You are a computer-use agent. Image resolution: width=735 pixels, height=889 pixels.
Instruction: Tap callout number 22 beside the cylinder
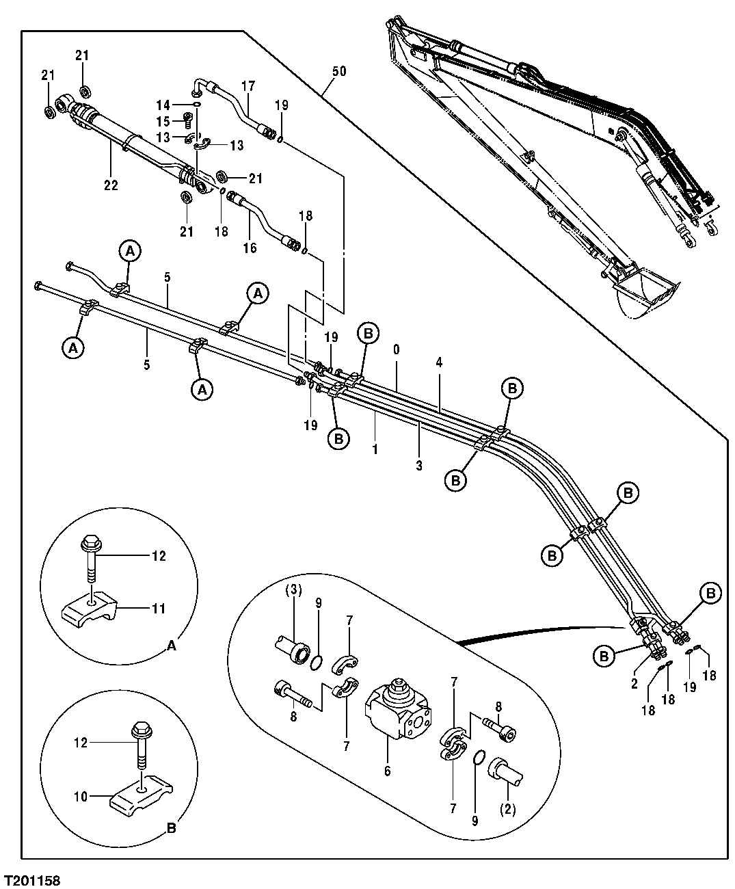tap(111, 185)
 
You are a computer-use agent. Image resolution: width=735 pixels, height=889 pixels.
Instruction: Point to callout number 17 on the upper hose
tap(248, 87)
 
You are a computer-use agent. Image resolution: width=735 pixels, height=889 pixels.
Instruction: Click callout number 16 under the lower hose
tap(250, 248)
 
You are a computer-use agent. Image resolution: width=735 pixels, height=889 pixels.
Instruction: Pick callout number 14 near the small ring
tap(163, 105)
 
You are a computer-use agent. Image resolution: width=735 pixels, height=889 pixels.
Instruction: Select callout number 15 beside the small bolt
tap(163, 121)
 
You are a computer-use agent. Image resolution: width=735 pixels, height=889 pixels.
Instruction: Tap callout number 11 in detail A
tap(158, 609)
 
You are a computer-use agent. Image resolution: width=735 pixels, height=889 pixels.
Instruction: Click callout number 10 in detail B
tap(81, 796)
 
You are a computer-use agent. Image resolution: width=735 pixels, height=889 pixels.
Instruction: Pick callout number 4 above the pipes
tap(439, 363)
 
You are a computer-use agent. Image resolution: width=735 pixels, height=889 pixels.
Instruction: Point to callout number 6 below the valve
tap(387, 771)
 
